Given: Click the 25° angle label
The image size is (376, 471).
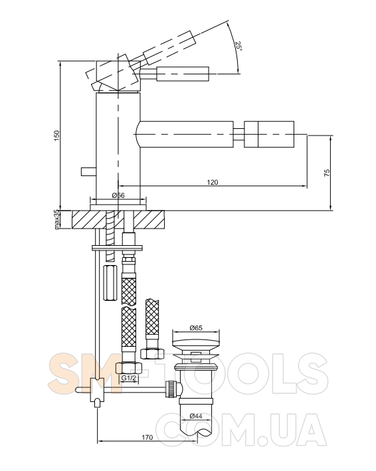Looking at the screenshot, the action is tap(238, 46).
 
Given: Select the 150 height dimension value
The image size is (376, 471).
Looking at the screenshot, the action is tap(56, 136).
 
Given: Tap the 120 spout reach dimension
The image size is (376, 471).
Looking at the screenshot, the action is tap(213, 182).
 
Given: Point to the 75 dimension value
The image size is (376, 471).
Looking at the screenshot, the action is tap(327, 173).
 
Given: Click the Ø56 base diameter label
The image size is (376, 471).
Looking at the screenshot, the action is tap(118, 195).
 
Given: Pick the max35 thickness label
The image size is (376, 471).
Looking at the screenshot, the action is tap(57, 220).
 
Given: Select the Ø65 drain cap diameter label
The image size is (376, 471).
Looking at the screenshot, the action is tap(196, 328).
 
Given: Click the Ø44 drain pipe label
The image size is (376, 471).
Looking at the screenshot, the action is tap(196, 416).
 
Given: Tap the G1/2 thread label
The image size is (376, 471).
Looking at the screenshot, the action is tap(128, 378).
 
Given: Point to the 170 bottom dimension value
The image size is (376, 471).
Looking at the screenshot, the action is tap(147, 437).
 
